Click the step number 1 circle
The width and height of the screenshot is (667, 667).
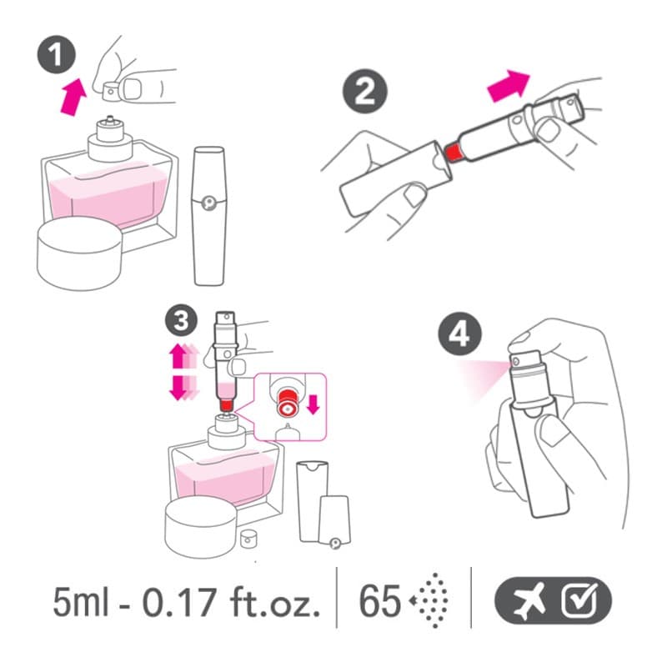pos(56,55)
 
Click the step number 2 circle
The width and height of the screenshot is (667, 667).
pos(365,91)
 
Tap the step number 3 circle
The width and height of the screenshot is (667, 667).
pos(182,320)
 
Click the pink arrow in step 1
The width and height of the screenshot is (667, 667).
pos(73,97)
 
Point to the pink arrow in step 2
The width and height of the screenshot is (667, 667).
pos(509,85)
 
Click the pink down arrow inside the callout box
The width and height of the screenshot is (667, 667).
pos(313,404)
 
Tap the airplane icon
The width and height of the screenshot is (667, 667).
pos(529,601)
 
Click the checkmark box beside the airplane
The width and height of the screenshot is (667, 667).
pos(579,600)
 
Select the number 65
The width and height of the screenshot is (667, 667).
pos(380,601)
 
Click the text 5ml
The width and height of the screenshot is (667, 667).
pos(81,601)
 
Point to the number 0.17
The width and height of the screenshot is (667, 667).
pos(178,601)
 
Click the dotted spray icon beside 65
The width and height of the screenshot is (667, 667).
pos(429,600)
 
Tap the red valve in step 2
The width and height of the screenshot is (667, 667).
pos(453,153)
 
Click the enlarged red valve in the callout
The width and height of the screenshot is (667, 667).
pos(287,402)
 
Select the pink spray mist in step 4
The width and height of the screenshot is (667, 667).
pos(485,378)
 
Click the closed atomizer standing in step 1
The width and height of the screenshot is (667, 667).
pos(209,216)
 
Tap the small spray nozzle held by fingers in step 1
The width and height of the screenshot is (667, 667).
pos(111,90)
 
